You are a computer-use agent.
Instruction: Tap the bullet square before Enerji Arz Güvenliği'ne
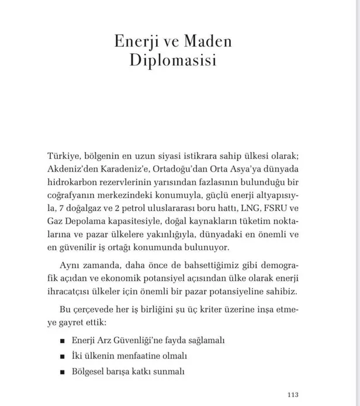point(61,341)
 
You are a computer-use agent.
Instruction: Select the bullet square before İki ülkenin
point(61,355)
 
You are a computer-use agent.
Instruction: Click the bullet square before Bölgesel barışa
point(61,370)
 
